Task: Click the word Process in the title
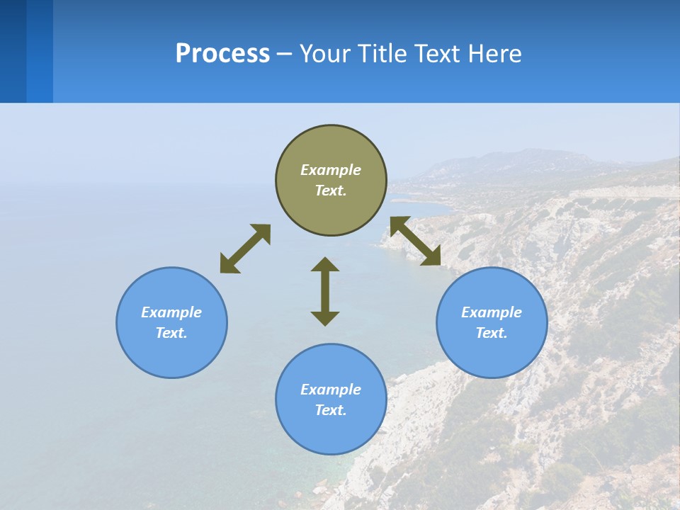tap(222, 54)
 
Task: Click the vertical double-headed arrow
tap(325, 292)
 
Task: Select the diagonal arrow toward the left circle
tap(245, 249)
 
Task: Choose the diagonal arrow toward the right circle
tap(416, 242)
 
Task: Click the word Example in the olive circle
tap(331, 170)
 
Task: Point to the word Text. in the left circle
tap(171, 333)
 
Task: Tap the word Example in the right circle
tap(492, 312)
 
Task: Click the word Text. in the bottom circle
tap(331, 410)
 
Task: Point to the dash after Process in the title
tap(284, 55)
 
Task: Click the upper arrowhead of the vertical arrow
tap(325, 264)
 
